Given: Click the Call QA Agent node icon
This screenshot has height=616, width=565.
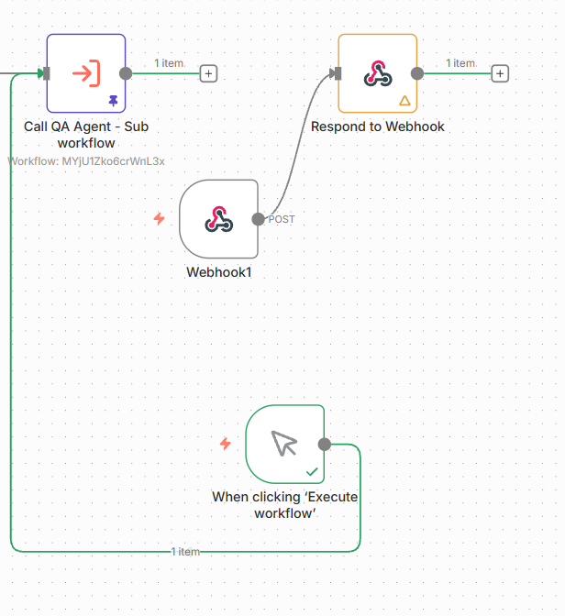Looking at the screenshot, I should [85, 72].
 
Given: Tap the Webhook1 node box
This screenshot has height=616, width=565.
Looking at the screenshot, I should [218, 219].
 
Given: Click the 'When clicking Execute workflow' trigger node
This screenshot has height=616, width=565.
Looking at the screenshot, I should [284, 444].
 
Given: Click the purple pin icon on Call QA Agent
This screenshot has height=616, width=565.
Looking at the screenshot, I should [113, 100].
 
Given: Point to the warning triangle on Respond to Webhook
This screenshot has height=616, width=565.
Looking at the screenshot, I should [404, 100].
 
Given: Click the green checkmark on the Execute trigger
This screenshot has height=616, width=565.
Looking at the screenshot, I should [312, 471].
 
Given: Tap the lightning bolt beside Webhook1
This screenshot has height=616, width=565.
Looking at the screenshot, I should [159, 219].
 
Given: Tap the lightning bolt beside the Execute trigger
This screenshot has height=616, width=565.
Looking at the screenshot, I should [225, 444].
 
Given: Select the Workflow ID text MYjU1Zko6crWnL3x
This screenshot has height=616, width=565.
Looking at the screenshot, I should [86, 161].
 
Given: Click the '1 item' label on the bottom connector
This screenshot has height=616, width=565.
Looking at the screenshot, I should [185, 552].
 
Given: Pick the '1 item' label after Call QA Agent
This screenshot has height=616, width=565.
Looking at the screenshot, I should [169, 63].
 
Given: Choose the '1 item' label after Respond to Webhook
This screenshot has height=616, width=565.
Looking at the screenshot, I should [460, 63].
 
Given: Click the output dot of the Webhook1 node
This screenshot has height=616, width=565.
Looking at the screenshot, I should [258, 219].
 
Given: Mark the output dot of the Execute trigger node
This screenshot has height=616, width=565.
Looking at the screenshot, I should [324, 444].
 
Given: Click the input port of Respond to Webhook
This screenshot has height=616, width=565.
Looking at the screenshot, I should [338, 73].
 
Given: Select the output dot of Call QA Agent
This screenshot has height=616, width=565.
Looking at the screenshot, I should [126, 73].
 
